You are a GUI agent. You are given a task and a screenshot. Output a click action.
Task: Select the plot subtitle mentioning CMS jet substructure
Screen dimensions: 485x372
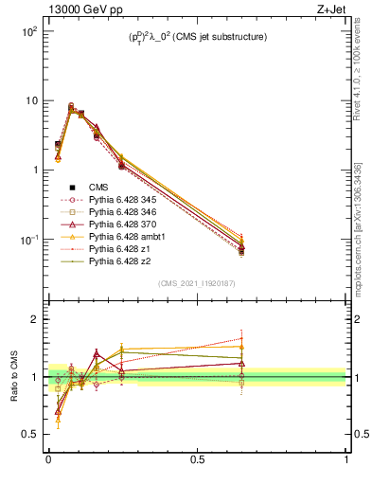pos(196,37)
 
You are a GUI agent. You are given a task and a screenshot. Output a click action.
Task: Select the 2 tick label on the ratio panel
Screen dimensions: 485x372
pos(33,319)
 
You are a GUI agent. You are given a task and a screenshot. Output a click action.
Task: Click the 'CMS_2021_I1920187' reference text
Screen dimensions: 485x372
pos(197,283)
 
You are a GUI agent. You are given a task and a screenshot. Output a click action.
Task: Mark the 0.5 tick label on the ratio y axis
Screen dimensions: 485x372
pos(28,434)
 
